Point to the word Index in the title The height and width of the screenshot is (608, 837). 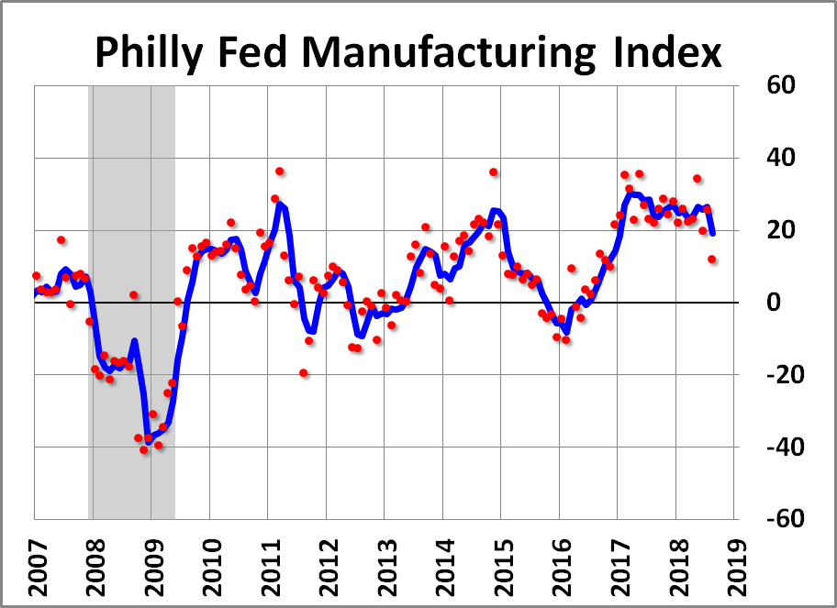(665, 54)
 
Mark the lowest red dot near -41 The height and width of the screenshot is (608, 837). (144, 450)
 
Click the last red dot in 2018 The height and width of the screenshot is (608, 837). (712, 260)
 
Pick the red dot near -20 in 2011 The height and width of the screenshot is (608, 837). (303, 373)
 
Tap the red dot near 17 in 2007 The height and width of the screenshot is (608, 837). (61, 240)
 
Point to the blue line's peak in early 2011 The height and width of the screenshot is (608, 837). (280, 204)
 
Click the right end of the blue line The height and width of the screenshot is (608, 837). (712, 233)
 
